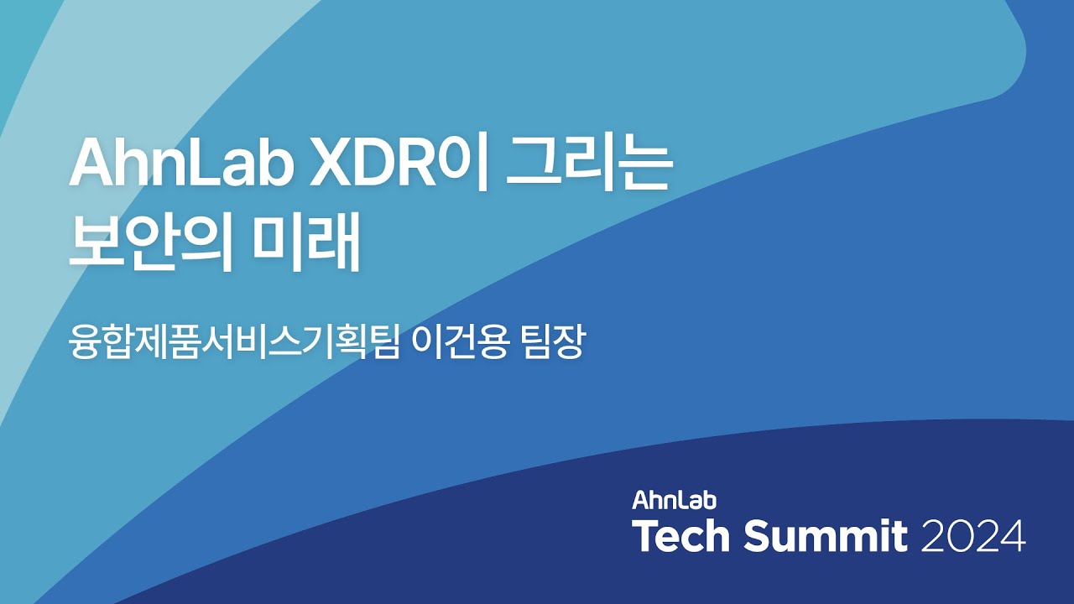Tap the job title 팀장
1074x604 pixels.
[x=553, y=344]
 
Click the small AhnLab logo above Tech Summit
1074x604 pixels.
[x=674, y=501]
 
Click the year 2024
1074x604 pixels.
[x=973, y=536]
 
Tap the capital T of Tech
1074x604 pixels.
[x=646, y=536]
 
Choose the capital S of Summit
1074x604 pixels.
[x=757, y=536]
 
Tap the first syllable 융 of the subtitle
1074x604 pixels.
[x=83, y=344]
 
